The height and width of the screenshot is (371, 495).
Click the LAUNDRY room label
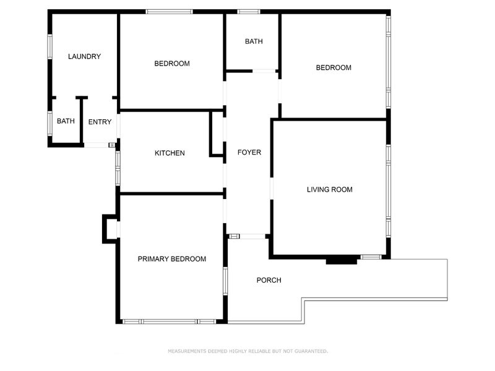click(84, 56)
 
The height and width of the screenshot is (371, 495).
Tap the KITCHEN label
click(170, 153)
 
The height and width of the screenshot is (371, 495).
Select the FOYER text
click(249, 152)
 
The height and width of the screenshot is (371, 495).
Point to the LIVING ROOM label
click(330, 190)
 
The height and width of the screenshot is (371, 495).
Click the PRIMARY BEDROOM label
click(172, 259)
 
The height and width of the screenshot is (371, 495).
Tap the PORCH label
click(269, 280)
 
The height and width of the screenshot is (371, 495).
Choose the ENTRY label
click(100, 122)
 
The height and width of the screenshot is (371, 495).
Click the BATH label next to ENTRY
click(66, 121)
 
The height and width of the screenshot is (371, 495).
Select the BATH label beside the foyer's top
click(254, 41)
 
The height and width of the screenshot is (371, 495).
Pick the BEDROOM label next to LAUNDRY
click(172, 64)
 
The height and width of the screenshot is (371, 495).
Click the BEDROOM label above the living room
click(334, 67)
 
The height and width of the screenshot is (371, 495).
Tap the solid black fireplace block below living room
click(342, 260)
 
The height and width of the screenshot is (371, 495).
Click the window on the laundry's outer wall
click(50, 46)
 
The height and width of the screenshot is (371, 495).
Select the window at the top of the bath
click(249, 12)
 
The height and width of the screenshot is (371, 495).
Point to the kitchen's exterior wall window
click(118, 168)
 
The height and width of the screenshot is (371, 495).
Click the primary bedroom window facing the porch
click(225, 281)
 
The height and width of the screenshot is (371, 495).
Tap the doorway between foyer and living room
click(272, 189)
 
